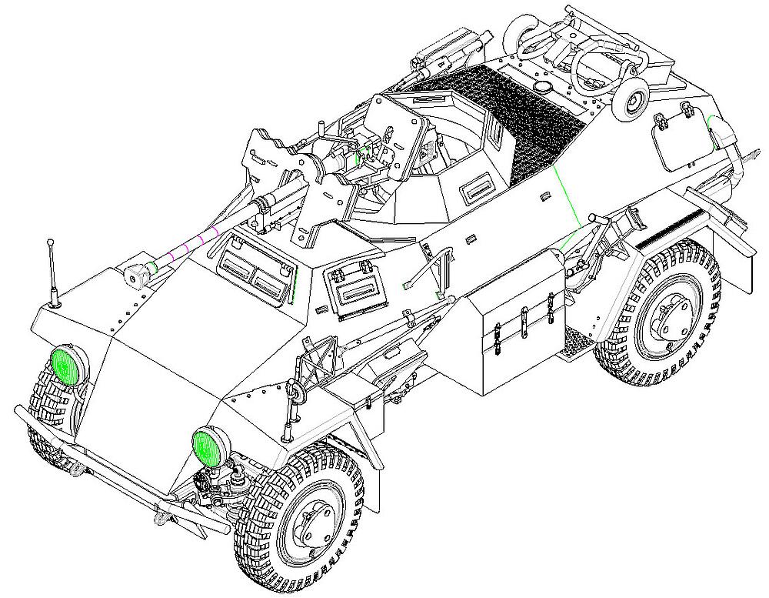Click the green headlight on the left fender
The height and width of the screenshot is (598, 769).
[x=68, y=364]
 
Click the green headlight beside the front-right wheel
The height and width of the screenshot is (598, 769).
[x=207, y=447]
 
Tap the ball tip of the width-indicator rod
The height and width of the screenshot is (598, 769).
[x=52, y=244]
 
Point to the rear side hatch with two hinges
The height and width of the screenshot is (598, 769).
[x=678, y=139]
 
